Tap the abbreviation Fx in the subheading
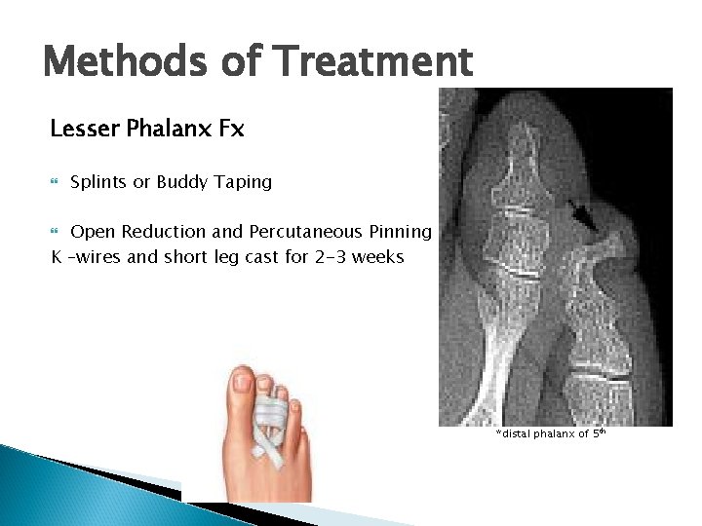click(x=231, y=129)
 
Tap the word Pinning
click(x=400, y=232)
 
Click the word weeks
click(x=380, y=257)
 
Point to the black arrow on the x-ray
click(x=586, y=220)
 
